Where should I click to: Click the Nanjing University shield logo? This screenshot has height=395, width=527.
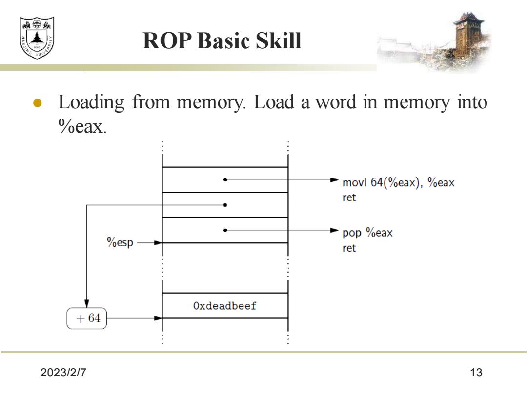(37, 38)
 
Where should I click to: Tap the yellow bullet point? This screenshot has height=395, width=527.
(37, 103)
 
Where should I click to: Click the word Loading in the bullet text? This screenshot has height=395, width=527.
(91, 102)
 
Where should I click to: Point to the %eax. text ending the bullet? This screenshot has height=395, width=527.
(82, 126)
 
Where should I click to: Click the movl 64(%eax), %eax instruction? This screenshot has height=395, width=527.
(398, 182)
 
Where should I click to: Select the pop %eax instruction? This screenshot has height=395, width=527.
(367, 233)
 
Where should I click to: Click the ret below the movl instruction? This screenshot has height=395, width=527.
(349, 197)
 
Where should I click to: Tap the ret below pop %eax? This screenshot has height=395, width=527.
(349, 248)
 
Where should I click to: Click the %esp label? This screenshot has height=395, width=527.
(120, 242)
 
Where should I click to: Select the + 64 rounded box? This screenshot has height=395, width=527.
(87, 318)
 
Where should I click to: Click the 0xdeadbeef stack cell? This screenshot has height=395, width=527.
(225, 306)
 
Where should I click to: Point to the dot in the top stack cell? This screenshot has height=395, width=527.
(225, 179)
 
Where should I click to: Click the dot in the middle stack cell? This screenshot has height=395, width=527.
(225, 205)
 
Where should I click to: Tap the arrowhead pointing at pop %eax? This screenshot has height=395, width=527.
(334, 230)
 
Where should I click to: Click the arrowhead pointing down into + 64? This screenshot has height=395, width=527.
(87, 304)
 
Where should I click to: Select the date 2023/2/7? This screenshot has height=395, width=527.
(63, 373)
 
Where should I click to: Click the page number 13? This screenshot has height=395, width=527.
(476, 373)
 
